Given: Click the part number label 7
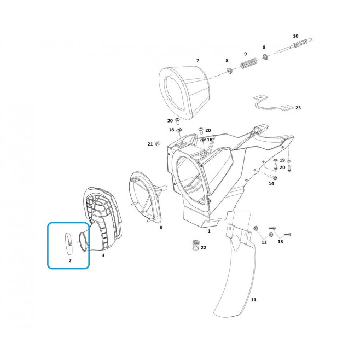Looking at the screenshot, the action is click(198, 60).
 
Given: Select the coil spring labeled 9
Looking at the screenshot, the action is click(249, 63).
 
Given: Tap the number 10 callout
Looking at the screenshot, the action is click(295, 36).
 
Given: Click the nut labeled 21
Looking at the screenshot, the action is click(158, 144).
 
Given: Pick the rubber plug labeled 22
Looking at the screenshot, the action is click(196, 246).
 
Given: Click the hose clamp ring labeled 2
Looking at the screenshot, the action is click(68, 243).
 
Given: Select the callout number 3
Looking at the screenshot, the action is click(103, 256).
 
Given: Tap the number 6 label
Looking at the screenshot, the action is click(161, 228).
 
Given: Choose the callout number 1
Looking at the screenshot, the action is click(209, 231).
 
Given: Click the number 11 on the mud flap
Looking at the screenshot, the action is click(253, 300).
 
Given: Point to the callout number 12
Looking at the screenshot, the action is click(264, 242).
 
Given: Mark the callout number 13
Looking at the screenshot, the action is click(280, 241).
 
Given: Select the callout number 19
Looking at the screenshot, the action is click(282, 160).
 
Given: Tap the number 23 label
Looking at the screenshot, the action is click(298, 108).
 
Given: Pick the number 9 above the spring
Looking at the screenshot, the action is click(246, 54).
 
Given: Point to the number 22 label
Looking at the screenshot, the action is click(204, 248).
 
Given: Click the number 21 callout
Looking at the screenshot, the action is click(150, 144).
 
